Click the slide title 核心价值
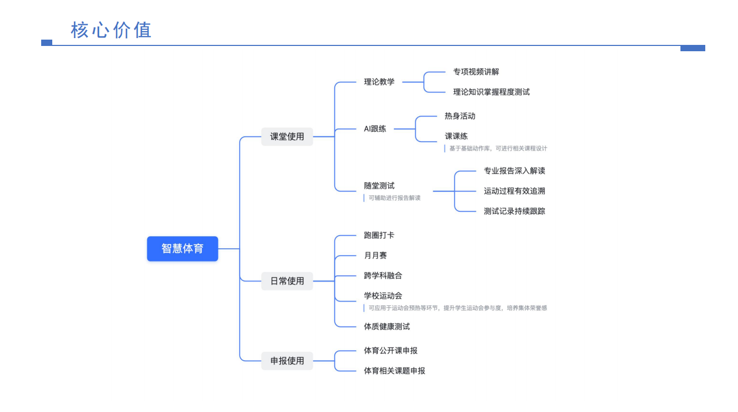click(111, 30)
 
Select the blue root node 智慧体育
click(182, 248)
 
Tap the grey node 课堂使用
click(287, 136)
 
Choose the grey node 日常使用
click(287, 281)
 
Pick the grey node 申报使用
click(287, 361)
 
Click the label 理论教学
click(379, 82)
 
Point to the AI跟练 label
click(375, 128)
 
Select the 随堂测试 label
click(379, 186)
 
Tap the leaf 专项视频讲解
click(476, 72)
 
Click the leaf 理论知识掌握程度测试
click(491, 92)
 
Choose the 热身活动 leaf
click(460, 116)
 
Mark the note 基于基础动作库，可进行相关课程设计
click(498, 148)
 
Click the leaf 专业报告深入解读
click(514, 171)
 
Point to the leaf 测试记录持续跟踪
click(514, 211)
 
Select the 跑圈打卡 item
click(379, 235)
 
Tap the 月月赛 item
click(375, 256)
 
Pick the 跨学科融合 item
click(383, 276)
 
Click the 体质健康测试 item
click(386, 326)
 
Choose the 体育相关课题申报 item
click(394, 371)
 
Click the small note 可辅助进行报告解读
click(394, 198)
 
